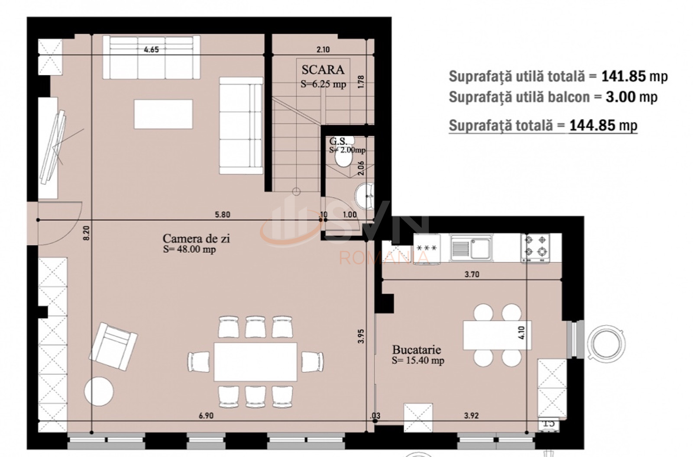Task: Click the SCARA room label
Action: pos(323,69)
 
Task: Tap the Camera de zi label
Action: pos(196,238)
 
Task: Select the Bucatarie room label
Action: pos(416,349)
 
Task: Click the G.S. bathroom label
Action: pos(338,141)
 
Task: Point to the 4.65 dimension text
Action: pos(151,49)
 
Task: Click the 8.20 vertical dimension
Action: pos(86,233)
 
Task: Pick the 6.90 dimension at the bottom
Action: pos(206,415)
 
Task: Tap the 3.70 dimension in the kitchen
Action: pos(472,274)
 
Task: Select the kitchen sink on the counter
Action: pos(471,248)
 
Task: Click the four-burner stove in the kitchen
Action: pos(535,248)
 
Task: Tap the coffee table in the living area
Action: pos(163,114)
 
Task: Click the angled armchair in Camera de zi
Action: pos(113,342)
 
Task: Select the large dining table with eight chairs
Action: pos(256,361)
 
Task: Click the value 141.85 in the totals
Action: pos(621,76)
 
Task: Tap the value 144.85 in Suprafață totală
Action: pos(592,126)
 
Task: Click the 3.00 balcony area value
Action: pos(621,97)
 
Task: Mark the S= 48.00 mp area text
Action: pos(189,249)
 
